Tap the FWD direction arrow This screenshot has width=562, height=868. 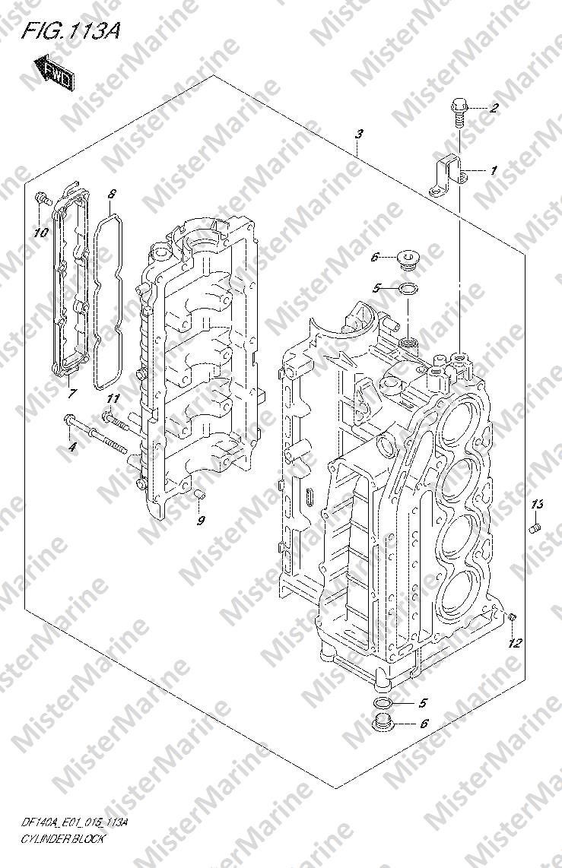tap(55, 71)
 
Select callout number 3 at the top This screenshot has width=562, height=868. tap(360, 134)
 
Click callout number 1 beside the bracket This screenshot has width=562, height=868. tap(494, 170)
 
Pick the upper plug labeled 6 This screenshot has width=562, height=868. tap(409, 259)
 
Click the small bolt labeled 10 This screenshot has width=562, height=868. tap(42, 198)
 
